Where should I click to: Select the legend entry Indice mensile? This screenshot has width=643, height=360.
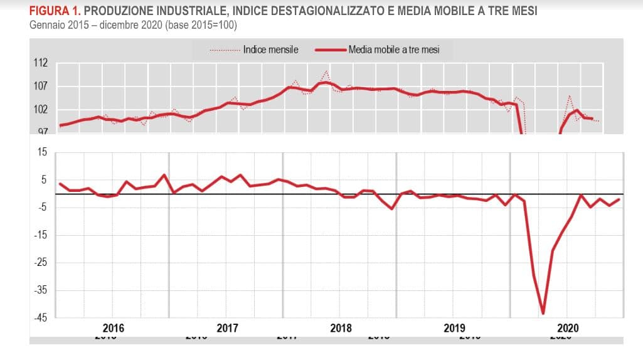(270, 50)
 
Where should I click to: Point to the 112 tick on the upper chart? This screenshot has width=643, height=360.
(41, 63)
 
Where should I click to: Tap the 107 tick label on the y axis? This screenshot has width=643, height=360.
(41, 86)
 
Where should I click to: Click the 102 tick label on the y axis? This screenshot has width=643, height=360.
(41, 109)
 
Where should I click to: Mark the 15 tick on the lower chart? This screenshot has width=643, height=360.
(43, 152)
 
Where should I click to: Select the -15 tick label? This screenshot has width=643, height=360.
(42, 235)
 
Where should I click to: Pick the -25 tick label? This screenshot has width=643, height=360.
(42, 262)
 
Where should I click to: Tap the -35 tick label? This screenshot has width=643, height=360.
(42, 290)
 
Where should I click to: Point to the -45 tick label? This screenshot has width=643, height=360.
(42, 317)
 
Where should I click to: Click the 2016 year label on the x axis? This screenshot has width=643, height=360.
(113, 328)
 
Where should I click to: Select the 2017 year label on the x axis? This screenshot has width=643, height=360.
(227, 328)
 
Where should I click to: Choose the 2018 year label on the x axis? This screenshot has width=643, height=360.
(341, 328)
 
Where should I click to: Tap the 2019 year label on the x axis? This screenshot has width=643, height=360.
(454, 328)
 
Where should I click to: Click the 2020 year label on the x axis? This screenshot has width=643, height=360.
(568, 328)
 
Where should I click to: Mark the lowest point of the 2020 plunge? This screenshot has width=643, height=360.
(543, 313)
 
